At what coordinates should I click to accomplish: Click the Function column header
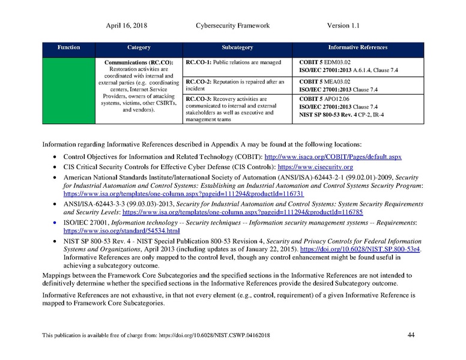tap(68, 47)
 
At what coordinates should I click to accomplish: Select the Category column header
tap(139, 47)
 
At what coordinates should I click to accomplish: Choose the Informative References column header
tap(357, 47)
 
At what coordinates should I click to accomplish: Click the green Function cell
tap(68, 90)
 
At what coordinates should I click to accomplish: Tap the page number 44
tap(411, 335)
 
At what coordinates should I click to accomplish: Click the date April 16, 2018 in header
tap(127, 26)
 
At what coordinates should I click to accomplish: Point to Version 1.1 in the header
tap(343, 26)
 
